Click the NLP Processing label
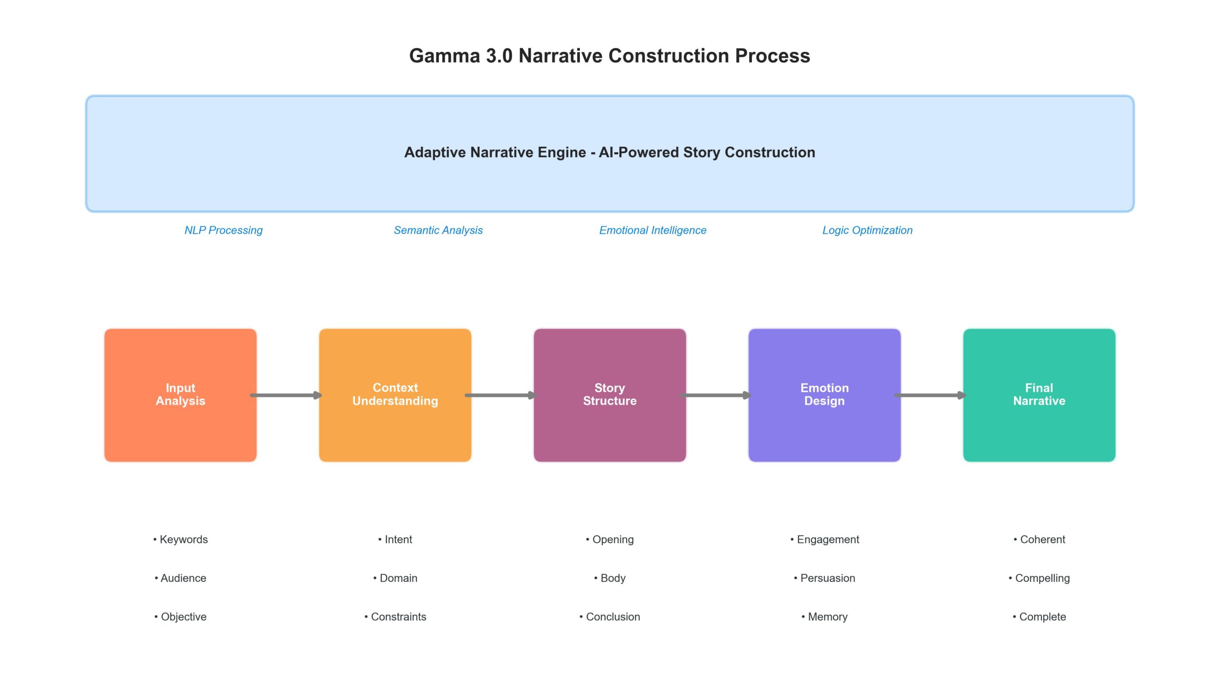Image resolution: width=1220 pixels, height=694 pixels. [x=224, y=230]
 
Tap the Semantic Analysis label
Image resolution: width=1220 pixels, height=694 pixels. [x=438, y=230]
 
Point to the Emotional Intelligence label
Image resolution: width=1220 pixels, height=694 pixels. [x=652, y=230]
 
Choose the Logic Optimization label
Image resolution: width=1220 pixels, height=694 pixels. [x=867, y=230]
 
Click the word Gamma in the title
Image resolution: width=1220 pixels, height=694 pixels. [x=444, y=56]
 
